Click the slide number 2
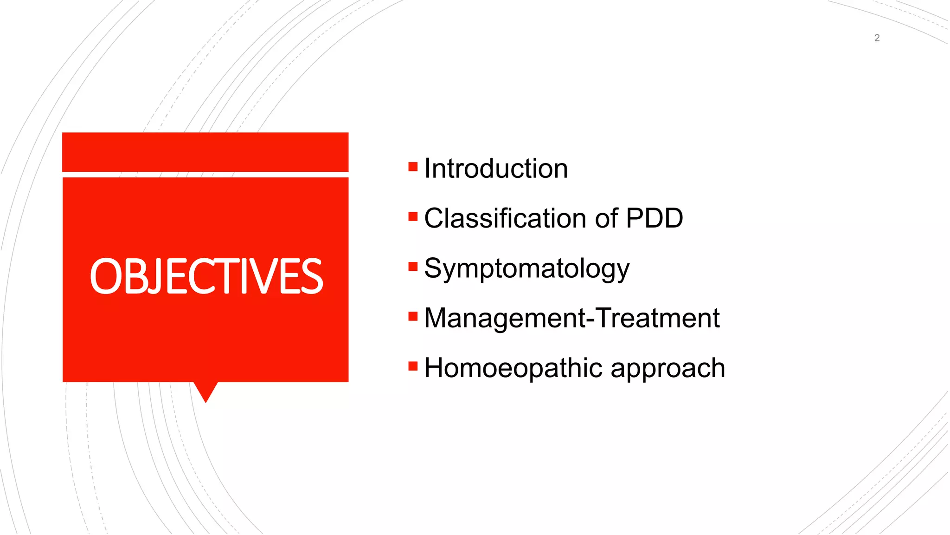tap(877, 38)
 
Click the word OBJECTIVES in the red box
tap(206, 277)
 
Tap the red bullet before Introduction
tap(413, 167)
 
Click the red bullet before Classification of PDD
tap(413, 216)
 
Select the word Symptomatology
tap(526, 269)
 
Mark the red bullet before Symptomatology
tap(413, 267)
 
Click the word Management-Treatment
tap(571, 318)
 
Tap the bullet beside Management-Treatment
tap(413, 317)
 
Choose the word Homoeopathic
tap(513, 368)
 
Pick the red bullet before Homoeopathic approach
tap(413, 366)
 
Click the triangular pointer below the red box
tap(205, 390)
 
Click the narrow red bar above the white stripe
tap(205, 152)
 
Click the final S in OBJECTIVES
tap(311, 277)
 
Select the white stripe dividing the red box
tap(205, 175)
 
